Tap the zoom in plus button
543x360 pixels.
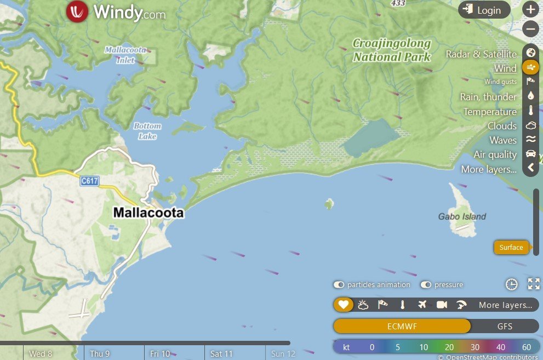pos(530,9)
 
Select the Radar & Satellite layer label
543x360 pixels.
pos(481,54)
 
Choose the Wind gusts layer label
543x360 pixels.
pos(500,82)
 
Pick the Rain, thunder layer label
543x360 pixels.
pos(488,97)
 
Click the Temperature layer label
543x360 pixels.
pos(490,112)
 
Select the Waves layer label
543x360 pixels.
pos(502,140)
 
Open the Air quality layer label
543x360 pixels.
pos(495,155)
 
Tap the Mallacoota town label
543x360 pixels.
pos(148,213)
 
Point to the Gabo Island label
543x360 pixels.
pos(462,216)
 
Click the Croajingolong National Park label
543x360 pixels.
pos(391,50)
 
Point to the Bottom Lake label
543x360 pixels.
pos(147,131)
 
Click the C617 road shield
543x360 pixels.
pos(90,181)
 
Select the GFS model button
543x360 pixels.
pos(505,327)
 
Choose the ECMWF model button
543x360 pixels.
pos(402,327)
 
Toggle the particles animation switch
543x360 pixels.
pos(339,285)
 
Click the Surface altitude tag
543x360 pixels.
pos(511,247)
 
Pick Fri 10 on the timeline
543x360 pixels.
pos(160,354)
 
